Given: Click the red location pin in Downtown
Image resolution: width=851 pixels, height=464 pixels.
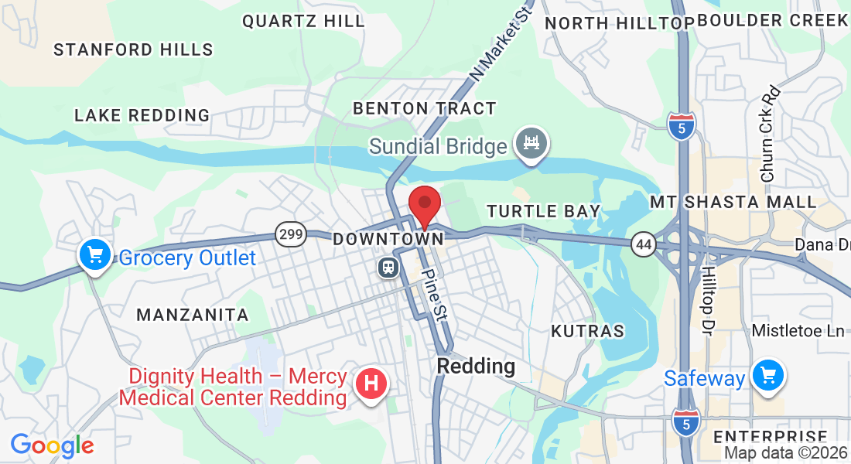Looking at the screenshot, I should coord(424,205).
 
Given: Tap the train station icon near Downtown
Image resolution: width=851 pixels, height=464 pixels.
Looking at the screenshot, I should coord(387,268).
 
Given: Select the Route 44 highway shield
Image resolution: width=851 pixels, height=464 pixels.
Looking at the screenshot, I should coord(643,244).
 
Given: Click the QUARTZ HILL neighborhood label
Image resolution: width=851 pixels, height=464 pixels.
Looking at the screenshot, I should coord(303,22).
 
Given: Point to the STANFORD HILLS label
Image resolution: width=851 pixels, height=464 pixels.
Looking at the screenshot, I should coord(133,50).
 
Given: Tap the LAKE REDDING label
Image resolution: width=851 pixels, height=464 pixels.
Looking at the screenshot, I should coord(142,115).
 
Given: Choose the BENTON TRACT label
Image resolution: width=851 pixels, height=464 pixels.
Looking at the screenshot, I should coord(425,108).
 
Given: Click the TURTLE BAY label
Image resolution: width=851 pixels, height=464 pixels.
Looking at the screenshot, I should coord(543,211).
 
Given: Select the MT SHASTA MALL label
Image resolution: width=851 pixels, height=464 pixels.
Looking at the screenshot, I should coord(733,203).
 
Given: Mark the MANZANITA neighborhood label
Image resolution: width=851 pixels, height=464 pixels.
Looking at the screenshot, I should coord(193,315).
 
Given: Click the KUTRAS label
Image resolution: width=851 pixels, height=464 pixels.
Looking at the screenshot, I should coord(587,331).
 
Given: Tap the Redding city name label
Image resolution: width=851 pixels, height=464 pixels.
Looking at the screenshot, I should coord(476,366).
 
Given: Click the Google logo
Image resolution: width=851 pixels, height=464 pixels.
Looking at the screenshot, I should coord(53,445).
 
